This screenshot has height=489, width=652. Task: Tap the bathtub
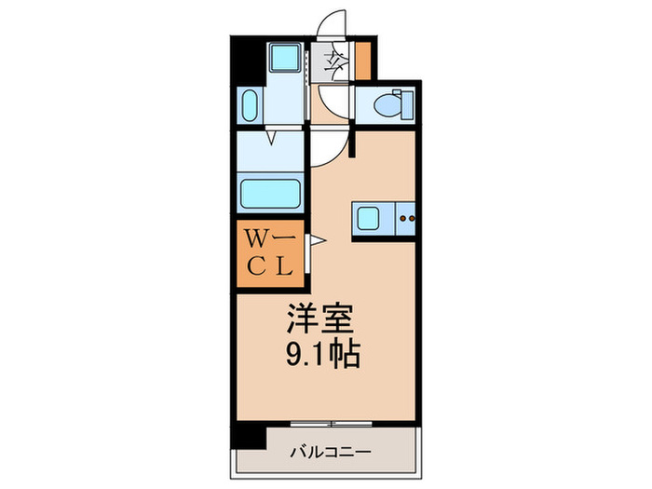[x=268, y=195]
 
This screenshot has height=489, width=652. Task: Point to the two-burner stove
[x=407, y=221]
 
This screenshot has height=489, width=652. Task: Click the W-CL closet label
[x=270, y=251]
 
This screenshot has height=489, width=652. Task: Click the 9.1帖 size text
[x=320, y=356]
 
